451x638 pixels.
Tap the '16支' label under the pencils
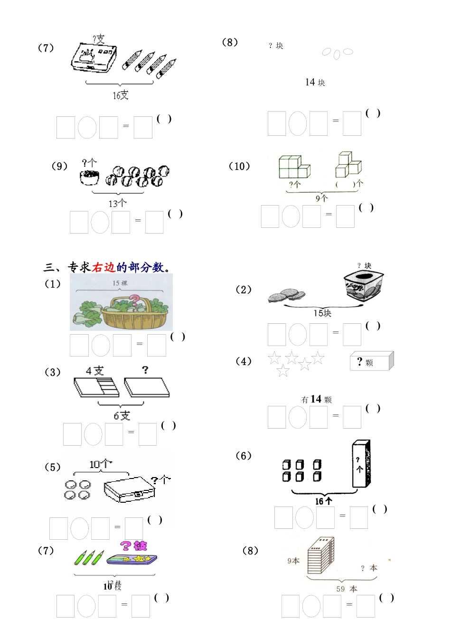point(120,95)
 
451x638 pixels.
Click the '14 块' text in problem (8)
point(315,83)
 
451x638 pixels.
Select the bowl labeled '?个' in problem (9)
point(89,177)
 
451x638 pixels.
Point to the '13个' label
point(117,204)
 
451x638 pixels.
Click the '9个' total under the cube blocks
point(321,198)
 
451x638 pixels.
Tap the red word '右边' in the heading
point(103,268)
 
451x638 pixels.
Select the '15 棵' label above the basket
point(120,283)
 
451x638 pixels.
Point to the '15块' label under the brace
point(322,313)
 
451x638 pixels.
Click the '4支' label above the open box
point(94,371)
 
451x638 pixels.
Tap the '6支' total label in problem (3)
point(122,416)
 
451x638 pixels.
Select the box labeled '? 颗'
point(371,362)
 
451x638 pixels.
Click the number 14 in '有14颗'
point(316,399)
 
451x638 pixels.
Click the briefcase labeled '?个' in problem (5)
point(130,489)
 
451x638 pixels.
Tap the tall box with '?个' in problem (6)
point(361,464)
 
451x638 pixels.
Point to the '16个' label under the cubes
point(323,501)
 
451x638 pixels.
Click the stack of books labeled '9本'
point(321,555)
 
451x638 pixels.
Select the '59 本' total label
point(347,589)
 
